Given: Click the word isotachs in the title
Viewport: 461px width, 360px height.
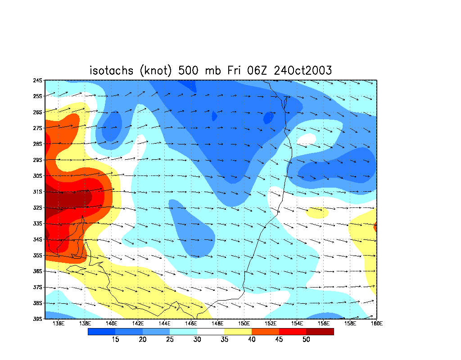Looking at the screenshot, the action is [x=112, y=71].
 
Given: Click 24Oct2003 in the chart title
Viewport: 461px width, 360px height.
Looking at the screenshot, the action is [x=303, y=71].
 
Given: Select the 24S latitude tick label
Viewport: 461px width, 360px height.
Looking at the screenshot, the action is [x=38, y=80].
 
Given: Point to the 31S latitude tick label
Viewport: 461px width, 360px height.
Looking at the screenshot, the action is [x=38, y=192].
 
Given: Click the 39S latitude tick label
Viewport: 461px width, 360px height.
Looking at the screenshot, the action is [x=38, y=319].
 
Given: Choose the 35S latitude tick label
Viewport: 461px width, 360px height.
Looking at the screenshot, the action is [x=38, y=256].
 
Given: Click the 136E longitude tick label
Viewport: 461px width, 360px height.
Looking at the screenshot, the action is [x=58, y=324].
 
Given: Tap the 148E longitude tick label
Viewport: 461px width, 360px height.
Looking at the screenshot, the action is [x=217, y=324].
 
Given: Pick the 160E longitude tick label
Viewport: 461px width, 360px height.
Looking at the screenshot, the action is [x=377, y=324].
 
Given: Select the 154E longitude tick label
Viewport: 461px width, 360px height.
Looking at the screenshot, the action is [x=297, y=324].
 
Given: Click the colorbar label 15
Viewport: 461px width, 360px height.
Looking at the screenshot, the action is [x=115, y=339].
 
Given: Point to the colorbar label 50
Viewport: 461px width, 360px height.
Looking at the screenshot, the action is [x=306, y=339].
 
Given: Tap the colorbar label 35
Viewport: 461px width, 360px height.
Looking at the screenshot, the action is [x=224, y=339].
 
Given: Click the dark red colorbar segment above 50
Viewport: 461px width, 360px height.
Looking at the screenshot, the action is [x=320, y=332].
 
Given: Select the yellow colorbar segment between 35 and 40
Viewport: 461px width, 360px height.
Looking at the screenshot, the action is [x=238, y=332].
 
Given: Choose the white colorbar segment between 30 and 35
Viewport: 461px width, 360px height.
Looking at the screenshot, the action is [x=211, y=332].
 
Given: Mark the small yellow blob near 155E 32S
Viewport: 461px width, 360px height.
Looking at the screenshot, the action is [x=317, y=212].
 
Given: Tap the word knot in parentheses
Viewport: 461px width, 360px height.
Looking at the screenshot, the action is [x=155, y=71].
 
